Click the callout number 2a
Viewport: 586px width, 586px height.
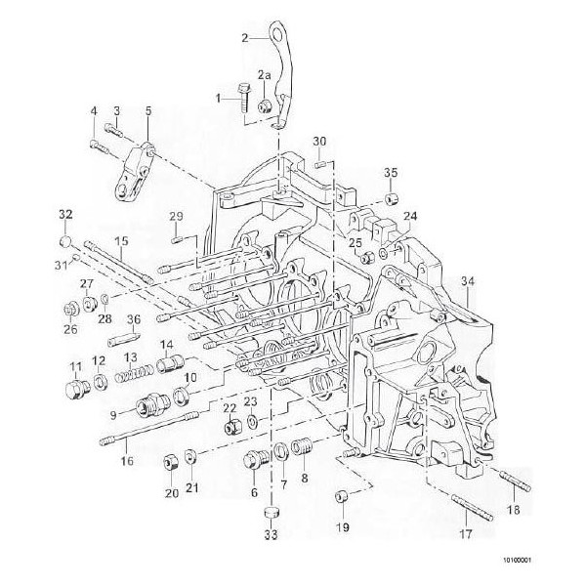click(265, 75)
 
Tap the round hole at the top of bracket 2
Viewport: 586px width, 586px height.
click(277, 33)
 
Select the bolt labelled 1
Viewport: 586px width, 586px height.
click(243, 97)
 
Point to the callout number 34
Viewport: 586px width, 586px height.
click(468, 281)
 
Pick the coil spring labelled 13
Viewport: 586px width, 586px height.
click(134, 373)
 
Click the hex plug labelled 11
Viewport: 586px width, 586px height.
click(76, 389)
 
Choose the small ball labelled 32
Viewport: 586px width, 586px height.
click(65, 241)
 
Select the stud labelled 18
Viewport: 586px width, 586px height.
click(515, 482)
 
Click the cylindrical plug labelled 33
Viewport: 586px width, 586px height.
click(272, 513)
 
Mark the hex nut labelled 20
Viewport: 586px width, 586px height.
click(171, 462)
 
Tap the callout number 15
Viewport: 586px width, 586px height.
click(121, 240)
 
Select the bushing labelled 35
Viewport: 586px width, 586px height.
click(392, 198)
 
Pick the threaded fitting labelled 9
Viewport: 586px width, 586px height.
click(153, 404)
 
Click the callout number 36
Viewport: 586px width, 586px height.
click(134, 319)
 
